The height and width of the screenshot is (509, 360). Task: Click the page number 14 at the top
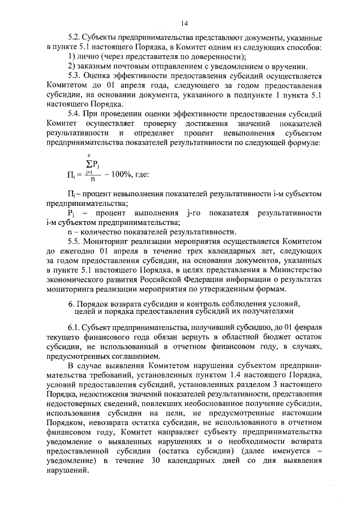click(184, 23)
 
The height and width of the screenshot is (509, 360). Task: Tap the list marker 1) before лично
click(71, 57)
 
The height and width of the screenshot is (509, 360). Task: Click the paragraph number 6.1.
click(74, 327)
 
